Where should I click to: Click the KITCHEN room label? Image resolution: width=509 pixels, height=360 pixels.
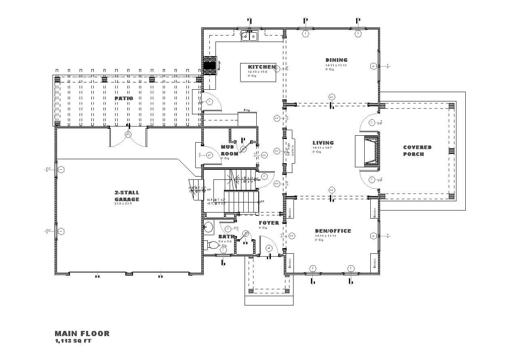point(262,67)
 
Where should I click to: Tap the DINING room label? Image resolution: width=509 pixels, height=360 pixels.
point(336,60)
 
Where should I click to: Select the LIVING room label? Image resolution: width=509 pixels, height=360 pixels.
point(323,143)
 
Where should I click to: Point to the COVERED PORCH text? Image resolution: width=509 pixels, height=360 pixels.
point(417,151)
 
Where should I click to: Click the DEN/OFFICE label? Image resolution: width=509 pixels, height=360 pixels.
point(333,231)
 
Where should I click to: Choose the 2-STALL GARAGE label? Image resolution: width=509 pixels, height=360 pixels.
point(127,196)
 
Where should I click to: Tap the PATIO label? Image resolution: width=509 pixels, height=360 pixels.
point(123,98)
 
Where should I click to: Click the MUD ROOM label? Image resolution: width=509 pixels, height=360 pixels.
point(229,150)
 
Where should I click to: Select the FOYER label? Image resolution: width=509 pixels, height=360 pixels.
point(269,223)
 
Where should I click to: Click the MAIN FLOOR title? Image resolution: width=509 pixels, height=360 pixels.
point(82,334)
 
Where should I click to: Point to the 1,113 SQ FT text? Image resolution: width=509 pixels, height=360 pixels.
point(74,341)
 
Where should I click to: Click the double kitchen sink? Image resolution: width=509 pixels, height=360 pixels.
point(249,36)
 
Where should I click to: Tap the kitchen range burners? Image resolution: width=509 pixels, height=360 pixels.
point(210,65)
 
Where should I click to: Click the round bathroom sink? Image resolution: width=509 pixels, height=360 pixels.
point(208,227)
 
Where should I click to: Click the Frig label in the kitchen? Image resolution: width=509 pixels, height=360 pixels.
point(247,110)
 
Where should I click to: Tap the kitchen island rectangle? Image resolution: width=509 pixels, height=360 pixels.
point(258,72)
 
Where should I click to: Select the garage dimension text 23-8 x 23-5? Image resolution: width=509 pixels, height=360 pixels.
point(126,204)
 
